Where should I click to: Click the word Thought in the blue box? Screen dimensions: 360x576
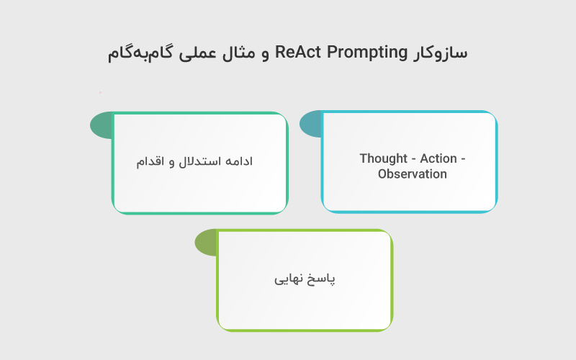pyautogui.click(x=384, y=158)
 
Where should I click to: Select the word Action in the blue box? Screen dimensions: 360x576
pyautogui.click(x=438, y=158)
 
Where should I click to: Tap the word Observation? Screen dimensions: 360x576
pyautogui.click(x=413, y=174)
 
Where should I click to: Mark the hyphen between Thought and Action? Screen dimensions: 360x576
pyautogui.click(x=413, y=158)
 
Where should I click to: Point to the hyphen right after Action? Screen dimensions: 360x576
pyautogui.click(x=463, y=158)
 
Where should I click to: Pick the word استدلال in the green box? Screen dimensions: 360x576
pyautogui.click(x=198, y=162)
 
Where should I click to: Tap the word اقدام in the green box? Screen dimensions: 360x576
pyautogui.click(x=151, y=162)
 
